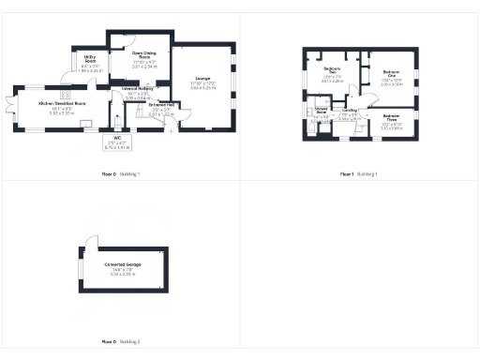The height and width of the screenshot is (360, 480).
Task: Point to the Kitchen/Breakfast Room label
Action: click(62, 104)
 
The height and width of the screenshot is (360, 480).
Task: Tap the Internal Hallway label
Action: click(139, 92)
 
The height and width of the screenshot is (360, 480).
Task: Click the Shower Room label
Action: click(321, 113)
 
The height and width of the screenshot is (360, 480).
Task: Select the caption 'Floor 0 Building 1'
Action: click(121, 174)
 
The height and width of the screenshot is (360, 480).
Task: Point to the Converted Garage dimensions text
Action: click(124, 276)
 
